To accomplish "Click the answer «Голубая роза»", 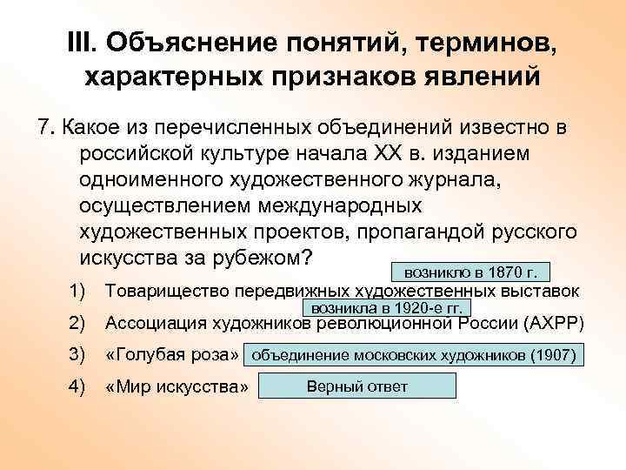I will click(171, 356).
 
